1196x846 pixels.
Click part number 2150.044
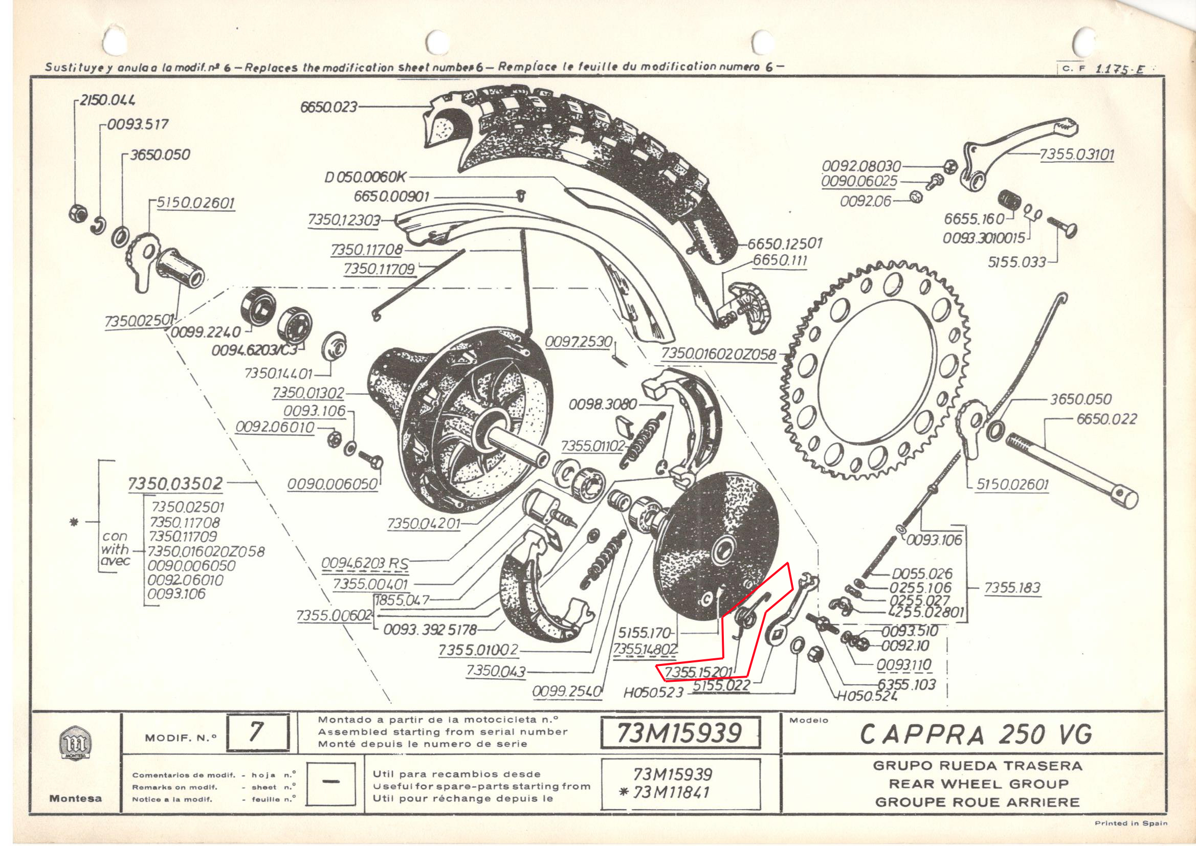(x=107, y=100)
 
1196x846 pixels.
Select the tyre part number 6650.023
(x=329, y=107)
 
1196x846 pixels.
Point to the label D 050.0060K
(x=365, y=177)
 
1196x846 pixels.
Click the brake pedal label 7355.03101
(x=1077, y=154)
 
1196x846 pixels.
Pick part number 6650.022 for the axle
(x=1106, y=419)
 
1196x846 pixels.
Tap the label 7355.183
(x=1012, y=588)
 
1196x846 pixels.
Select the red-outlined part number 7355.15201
(x=698, y=672)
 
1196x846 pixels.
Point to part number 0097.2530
(x=578, y=342)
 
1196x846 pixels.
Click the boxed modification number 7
(x=257, y=732)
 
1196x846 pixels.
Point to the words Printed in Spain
(x=1131, y=823)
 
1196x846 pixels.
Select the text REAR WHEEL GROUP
(x=978, y=784)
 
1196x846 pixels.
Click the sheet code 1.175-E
(x=1120, y=69)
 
